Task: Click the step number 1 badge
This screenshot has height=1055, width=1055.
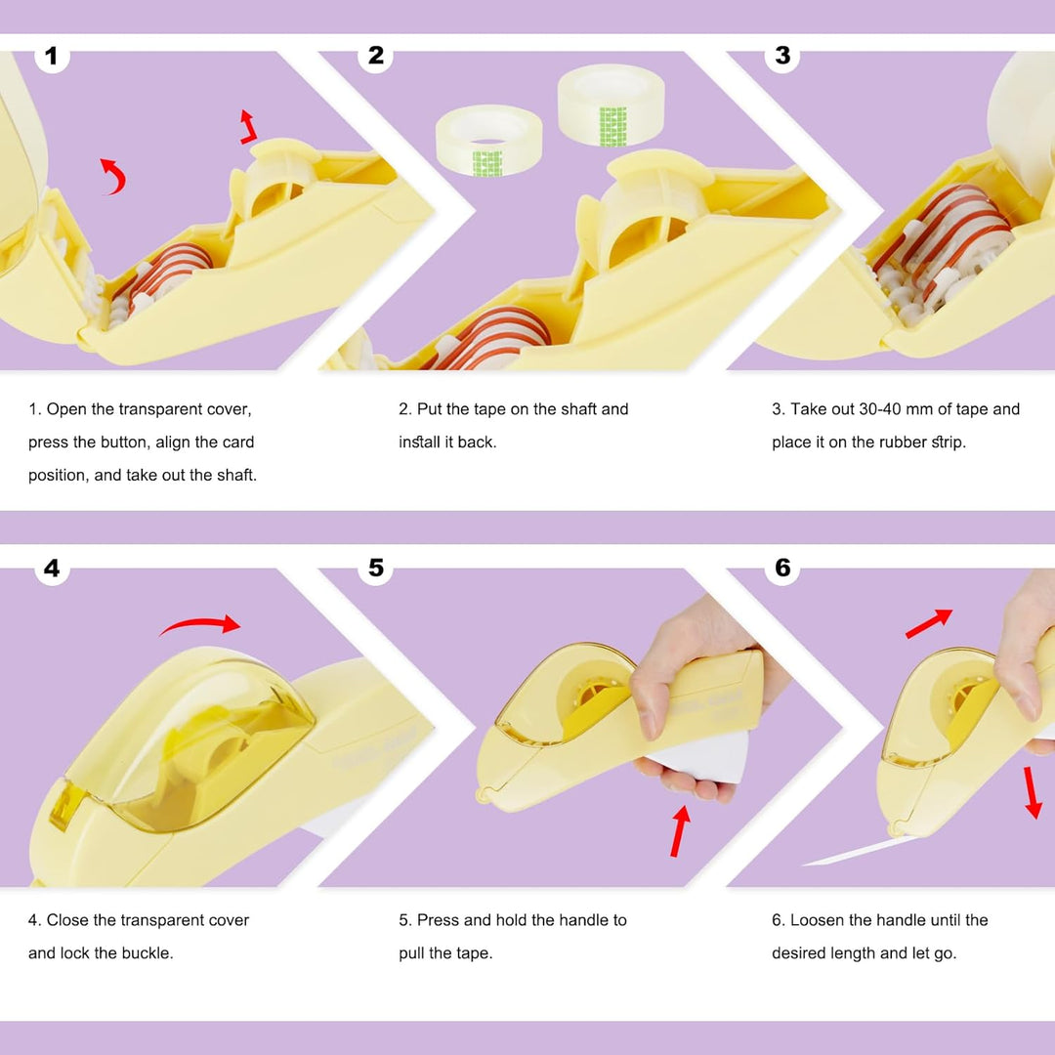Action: click(52, 56)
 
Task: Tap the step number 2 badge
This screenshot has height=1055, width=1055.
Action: click(375, 55)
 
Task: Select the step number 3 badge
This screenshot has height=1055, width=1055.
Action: click(781, 55)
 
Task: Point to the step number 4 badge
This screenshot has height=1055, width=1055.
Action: click(52, 569)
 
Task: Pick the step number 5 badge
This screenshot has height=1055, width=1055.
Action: click(375, 568)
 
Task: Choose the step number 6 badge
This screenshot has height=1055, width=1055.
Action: click(781, 568)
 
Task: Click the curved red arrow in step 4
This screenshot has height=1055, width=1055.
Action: click(199, 622)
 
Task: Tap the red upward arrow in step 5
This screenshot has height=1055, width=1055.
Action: click(680, 831)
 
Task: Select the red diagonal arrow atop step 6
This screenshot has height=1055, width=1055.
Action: click(929, 623)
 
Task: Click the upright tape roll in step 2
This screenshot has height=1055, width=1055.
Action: click(611, 105)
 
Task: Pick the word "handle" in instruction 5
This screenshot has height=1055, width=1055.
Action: click(585, 920)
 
